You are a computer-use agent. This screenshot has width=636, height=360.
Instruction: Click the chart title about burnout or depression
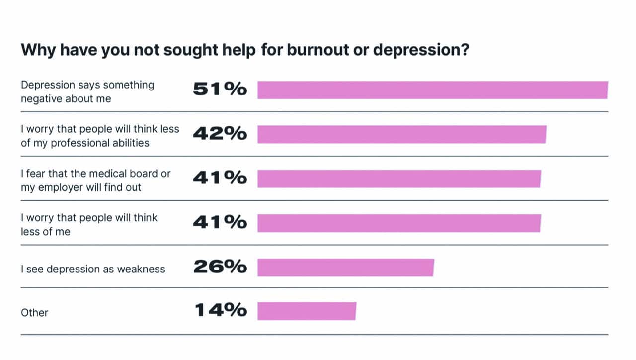244,51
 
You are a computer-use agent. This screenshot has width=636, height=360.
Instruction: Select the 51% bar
432,90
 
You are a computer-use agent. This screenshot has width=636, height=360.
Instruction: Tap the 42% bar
401,134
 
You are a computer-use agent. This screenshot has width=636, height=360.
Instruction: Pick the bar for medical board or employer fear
398,179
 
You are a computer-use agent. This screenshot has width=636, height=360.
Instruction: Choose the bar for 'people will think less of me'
398,223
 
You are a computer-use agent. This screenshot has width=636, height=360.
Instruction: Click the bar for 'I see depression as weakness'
345,268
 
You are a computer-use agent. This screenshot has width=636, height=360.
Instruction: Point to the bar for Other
307,311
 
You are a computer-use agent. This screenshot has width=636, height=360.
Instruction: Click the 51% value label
220,90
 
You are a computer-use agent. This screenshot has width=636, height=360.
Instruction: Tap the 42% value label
220,133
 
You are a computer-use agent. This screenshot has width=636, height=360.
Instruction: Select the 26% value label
220,267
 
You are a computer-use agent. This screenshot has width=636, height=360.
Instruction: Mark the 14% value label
221,310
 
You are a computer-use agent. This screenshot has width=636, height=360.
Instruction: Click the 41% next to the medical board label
220,178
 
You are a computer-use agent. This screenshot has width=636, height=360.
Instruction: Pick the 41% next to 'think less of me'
220,222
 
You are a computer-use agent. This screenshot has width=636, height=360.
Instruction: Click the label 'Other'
34,313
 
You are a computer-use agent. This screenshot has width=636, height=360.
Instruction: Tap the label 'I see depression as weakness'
93,269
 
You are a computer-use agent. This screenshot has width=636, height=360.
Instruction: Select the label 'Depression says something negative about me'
87,91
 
